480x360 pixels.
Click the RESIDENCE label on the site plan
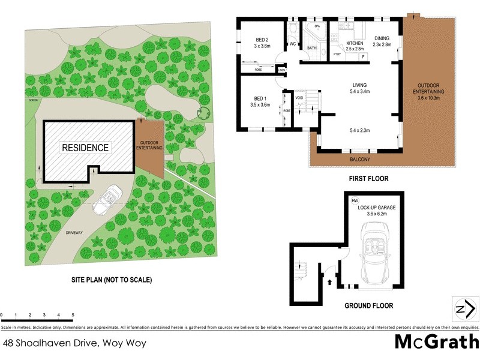click(86, 147)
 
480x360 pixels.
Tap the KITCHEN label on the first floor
click(355, 44)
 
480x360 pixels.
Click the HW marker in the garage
click(355, 200)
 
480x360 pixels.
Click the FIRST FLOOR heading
click(369, 179)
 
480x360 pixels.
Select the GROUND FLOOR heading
click(369, 306)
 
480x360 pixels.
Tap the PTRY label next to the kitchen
click(337, 55)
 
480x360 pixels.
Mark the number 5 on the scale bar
click(73, 315)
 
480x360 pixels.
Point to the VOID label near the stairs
click(299, 97)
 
